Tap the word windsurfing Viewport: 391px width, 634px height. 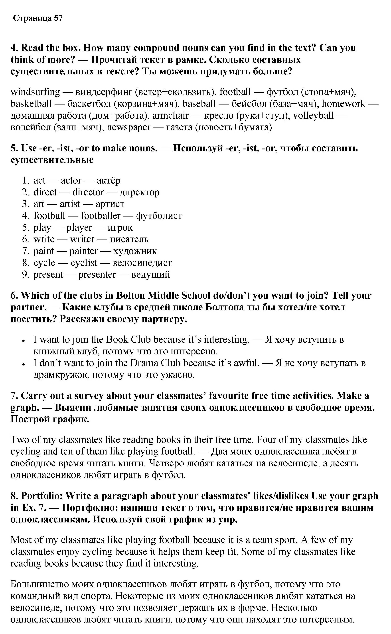tap(35, 92)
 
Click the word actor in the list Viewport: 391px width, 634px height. tap(71, 180)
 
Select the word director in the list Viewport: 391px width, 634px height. tap(88, 192)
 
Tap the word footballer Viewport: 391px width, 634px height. tap(101, 216)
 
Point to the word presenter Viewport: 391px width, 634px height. tap(97, 274)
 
